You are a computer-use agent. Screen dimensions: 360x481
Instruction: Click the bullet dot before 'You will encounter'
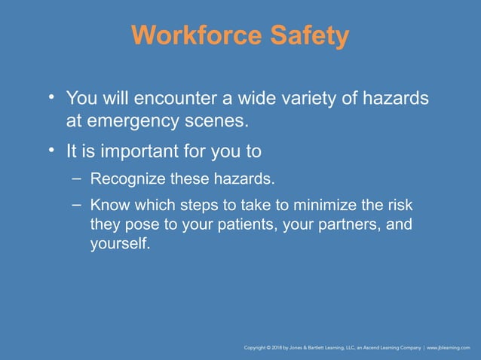(51, 98)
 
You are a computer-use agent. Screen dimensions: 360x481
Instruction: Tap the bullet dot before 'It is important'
(51, 151)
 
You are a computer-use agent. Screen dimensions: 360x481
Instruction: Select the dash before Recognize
(77, 178)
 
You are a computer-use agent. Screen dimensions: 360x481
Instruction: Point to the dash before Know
(77, 204)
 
